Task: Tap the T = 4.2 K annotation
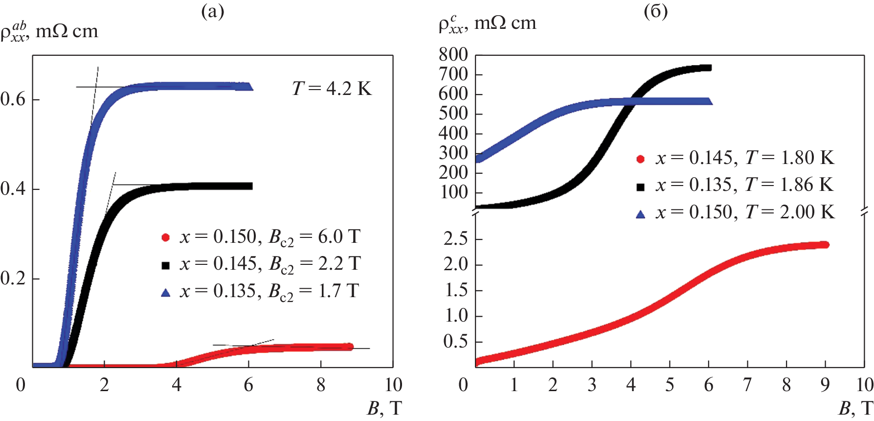click(332, 89)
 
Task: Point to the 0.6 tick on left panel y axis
click(13, 99)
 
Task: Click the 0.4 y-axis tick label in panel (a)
click(13, 189)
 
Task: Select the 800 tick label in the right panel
click(453, 54)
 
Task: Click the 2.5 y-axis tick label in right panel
click(455, 239)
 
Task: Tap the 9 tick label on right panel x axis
click(825, 385)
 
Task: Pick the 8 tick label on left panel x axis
click(321, 385)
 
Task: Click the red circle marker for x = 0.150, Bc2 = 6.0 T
click(166, 237)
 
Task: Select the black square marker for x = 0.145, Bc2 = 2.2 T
click(166, 265)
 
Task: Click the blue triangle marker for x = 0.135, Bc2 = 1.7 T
click(166, 293)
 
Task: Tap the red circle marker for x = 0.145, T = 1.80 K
click(640, 159)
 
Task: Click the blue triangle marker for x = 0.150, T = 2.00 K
click(640, 214)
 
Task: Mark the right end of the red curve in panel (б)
click(825, 245)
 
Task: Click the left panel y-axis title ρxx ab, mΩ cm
click(49, 31)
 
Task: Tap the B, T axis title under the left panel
click(384, 408)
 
